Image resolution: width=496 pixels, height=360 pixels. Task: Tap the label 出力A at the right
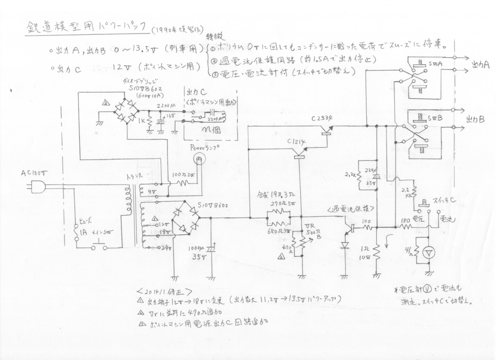pos(481,64)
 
